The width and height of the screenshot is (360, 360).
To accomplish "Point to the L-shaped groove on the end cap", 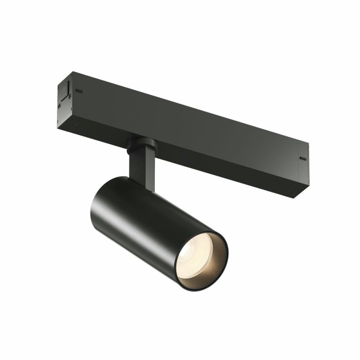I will point(66,95).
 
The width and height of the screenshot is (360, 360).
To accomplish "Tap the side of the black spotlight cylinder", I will point(149,221).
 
